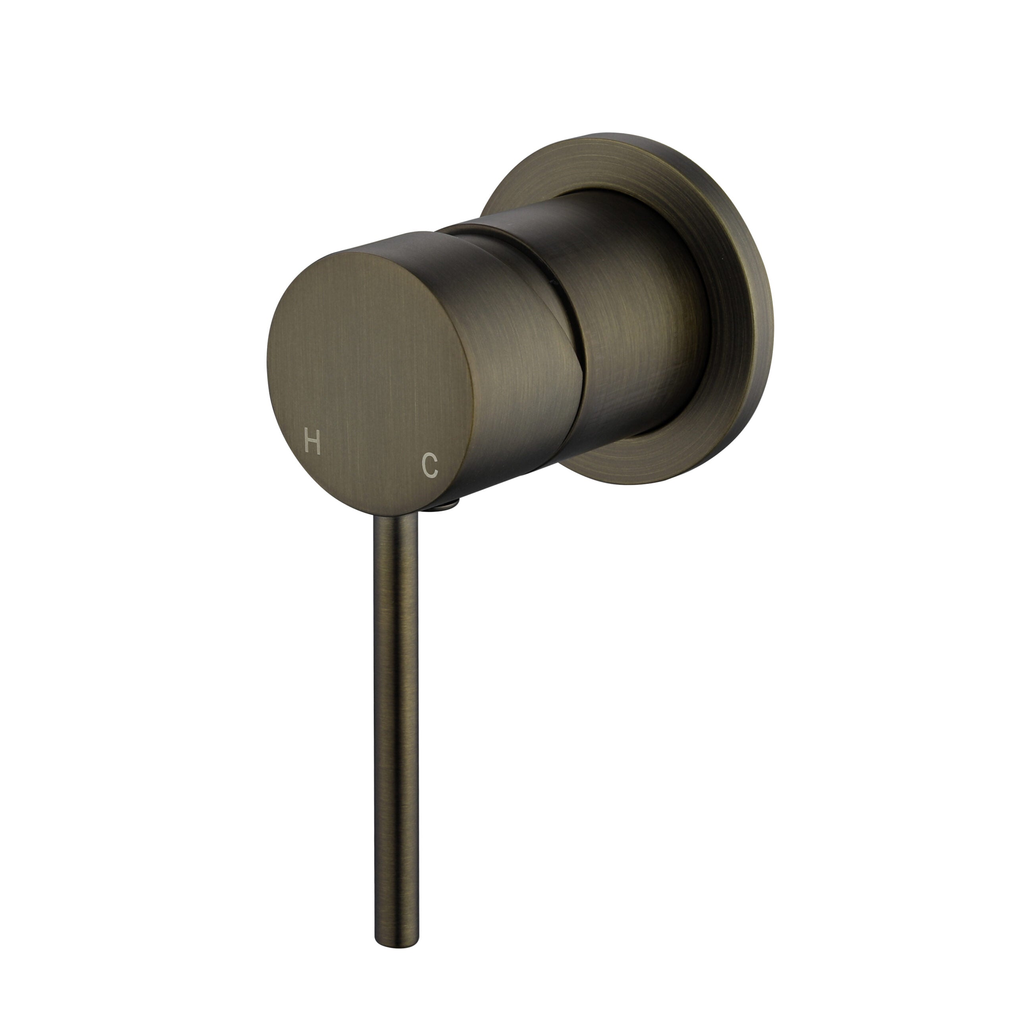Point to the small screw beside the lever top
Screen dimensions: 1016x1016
(446, 506)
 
